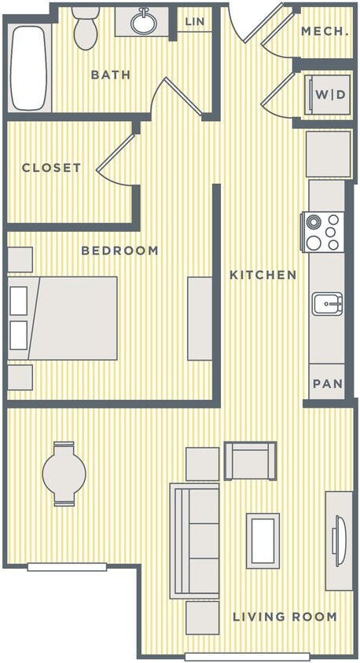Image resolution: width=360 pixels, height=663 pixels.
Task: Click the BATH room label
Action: [111, 75]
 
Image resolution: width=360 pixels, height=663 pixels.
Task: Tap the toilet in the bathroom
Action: [85, 27]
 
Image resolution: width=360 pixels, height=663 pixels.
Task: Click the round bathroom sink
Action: [144, 21]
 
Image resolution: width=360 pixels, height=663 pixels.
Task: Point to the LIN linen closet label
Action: [194, 21]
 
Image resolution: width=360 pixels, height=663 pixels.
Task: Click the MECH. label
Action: [325, 31]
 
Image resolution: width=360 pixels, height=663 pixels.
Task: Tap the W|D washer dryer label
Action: [330, 95]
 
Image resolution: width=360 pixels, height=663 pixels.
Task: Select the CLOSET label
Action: [51, 168]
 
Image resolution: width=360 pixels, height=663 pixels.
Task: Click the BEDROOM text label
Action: [120, 251]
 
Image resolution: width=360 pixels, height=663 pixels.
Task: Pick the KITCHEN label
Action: [263, 275]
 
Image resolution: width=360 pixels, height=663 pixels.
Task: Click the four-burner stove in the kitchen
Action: [324, 233]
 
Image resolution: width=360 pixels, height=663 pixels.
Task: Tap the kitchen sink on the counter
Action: [327, 302]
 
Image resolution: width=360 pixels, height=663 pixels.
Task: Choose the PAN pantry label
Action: [328, 384]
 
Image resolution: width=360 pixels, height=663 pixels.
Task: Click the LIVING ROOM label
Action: [285, 617]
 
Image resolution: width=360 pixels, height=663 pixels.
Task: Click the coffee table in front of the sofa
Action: [263, 540]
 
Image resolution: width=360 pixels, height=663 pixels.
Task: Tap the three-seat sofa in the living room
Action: [194, 540]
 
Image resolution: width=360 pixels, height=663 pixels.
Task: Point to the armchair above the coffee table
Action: [250, 460]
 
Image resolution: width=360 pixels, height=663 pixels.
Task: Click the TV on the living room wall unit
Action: [338, 540]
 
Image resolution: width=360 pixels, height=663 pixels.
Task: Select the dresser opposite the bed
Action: [200, 318]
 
